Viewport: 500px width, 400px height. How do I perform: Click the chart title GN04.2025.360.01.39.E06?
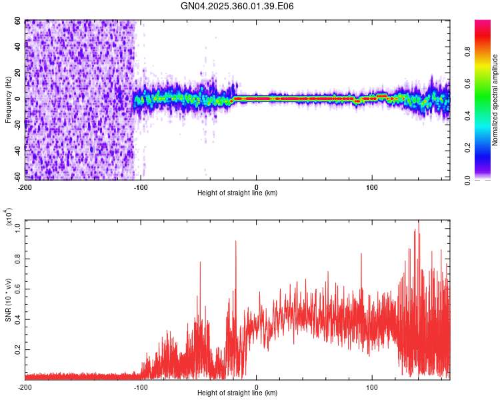click(x=237, y=6)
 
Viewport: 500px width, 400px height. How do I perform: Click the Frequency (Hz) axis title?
click(x=8, y=100)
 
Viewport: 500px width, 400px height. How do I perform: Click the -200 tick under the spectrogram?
click(x=25, y=186)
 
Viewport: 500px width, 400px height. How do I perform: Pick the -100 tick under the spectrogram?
click(x=141, y=186)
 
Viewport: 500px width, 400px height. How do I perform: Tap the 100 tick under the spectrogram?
click(x=372, y=186)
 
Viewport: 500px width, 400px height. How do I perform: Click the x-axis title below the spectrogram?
click(x=237, y=193)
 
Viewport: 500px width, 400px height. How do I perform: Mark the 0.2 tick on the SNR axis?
click(x=18, y=349)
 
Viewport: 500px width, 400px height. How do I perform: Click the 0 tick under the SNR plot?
click(x=257, y=387)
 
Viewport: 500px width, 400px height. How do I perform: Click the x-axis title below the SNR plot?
click(x=237, y=394)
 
